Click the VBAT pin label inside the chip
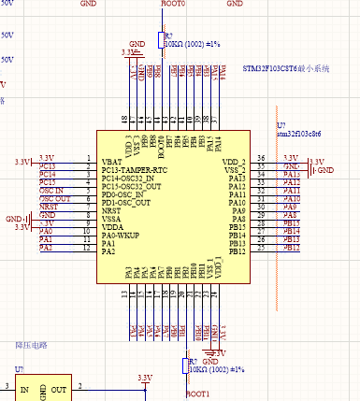click(x=111, y=162)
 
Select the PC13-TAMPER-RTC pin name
click(x=134, y=170)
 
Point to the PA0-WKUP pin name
click(x=120, y=236)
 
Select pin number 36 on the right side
click(x=262, y=159)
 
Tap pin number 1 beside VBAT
click(x=87, y=159)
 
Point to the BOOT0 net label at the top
click(x=174, y=5)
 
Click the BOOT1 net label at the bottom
click(x=197, y=394)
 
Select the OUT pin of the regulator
click(x=59, y=389)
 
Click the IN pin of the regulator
click(x=24, y=389)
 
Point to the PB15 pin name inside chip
click(x=237, y=227)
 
